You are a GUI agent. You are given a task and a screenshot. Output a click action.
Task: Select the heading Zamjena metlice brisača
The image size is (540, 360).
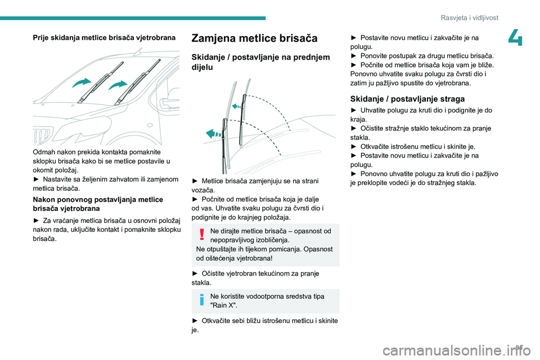[254, 39]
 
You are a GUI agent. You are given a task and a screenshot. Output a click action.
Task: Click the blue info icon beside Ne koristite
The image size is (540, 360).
[201, 300]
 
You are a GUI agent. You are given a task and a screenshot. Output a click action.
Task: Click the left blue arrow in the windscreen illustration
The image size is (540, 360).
[82, 84]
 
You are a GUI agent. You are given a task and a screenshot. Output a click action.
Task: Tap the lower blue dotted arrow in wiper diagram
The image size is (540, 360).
[214, 133]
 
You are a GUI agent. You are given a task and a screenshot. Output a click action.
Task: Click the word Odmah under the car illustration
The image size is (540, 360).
[44, 152]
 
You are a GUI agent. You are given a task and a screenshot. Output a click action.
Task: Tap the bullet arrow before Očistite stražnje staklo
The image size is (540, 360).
[354, 128]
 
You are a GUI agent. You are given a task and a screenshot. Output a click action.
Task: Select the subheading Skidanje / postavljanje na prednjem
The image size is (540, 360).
[260, 57]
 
